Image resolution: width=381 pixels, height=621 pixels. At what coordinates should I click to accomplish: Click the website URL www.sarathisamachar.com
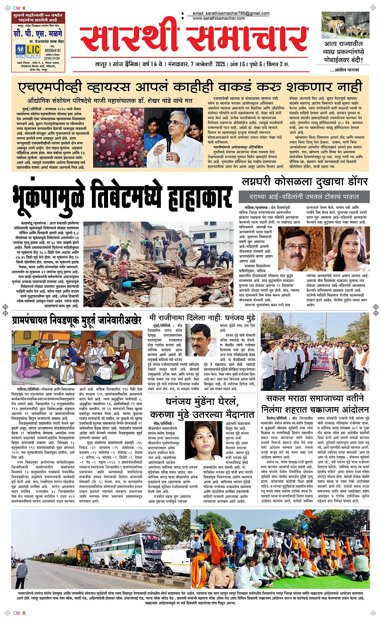click(x=220, y=19)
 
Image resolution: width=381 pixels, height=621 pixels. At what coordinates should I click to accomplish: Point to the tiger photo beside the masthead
click(x=346, y=25)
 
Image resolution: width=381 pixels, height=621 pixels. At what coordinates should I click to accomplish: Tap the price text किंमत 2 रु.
click(x=278, y=65)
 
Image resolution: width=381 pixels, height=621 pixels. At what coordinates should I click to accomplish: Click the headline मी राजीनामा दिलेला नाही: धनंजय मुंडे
click(x=202, y=318)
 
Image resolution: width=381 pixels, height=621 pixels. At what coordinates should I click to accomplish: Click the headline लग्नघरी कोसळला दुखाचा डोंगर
click(x=305, y=182)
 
